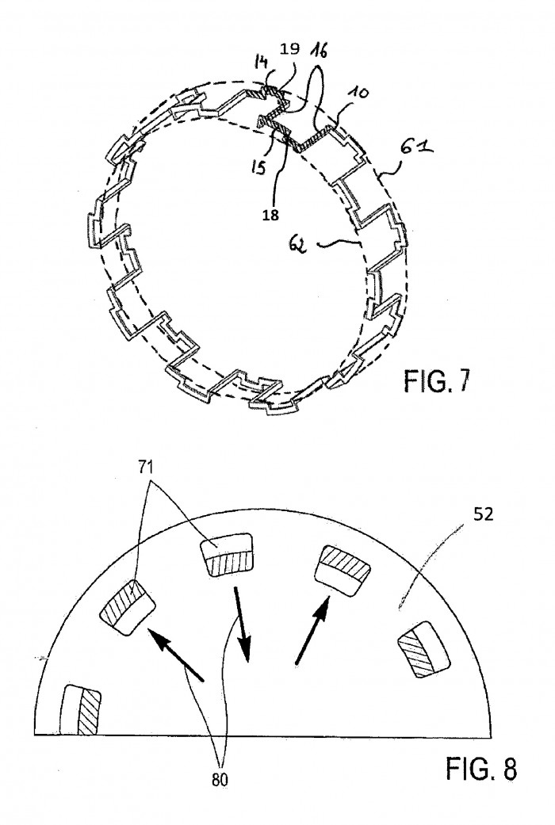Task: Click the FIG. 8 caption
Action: tap(481, 769)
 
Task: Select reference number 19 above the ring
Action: tap(289, 49)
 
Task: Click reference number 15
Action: tap(258, 168)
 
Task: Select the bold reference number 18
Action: tap(270, 216)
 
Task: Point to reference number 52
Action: tap(483, 514)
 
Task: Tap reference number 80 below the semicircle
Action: tap(220, 780)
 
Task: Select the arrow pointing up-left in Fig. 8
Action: tap(176, 652)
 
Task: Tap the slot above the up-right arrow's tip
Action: tap(343, 571)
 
